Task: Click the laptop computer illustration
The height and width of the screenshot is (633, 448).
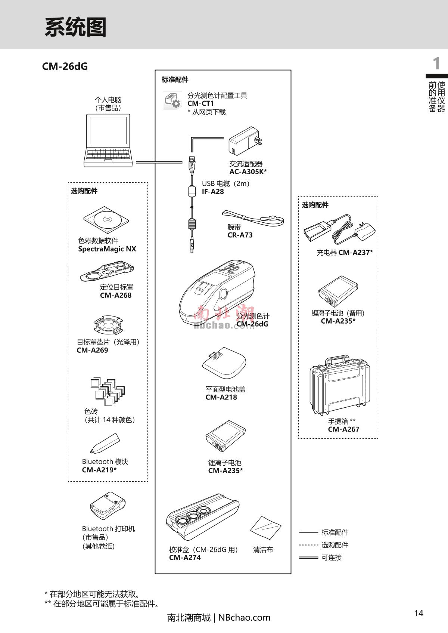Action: [108, 140]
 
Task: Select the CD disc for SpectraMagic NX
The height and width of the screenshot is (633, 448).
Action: [106, 219]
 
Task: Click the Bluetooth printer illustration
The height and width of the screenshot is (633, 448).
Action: [107, 506]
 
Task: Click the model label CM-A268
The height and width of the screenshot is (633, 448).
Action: [116, 295]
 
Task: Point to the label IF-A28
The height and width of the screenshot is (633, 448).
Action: [213, 192]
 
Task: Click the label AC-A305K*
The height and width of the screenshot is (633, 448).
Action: [248, 172]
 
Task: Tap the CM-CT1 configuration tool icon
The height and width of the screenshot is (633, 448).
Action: [172, 101]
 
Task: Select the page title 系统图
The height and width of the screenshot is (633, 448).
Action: [75, 27]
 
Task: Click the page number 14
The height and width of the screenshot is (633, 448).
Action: [419, 613]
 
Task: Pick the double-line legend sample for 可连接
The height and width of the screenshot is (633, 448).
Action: [308, 558]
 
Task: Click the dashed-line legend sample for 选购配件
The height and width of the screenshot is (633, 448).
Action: [308, 545]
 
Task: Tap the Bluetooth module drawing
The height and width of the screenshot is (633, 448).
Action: [105, 443]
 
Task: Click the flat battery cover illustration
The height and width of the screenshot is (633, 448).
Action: [224, 363]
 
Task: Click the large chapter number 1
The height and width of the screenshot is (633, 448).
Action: [436, 64]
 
